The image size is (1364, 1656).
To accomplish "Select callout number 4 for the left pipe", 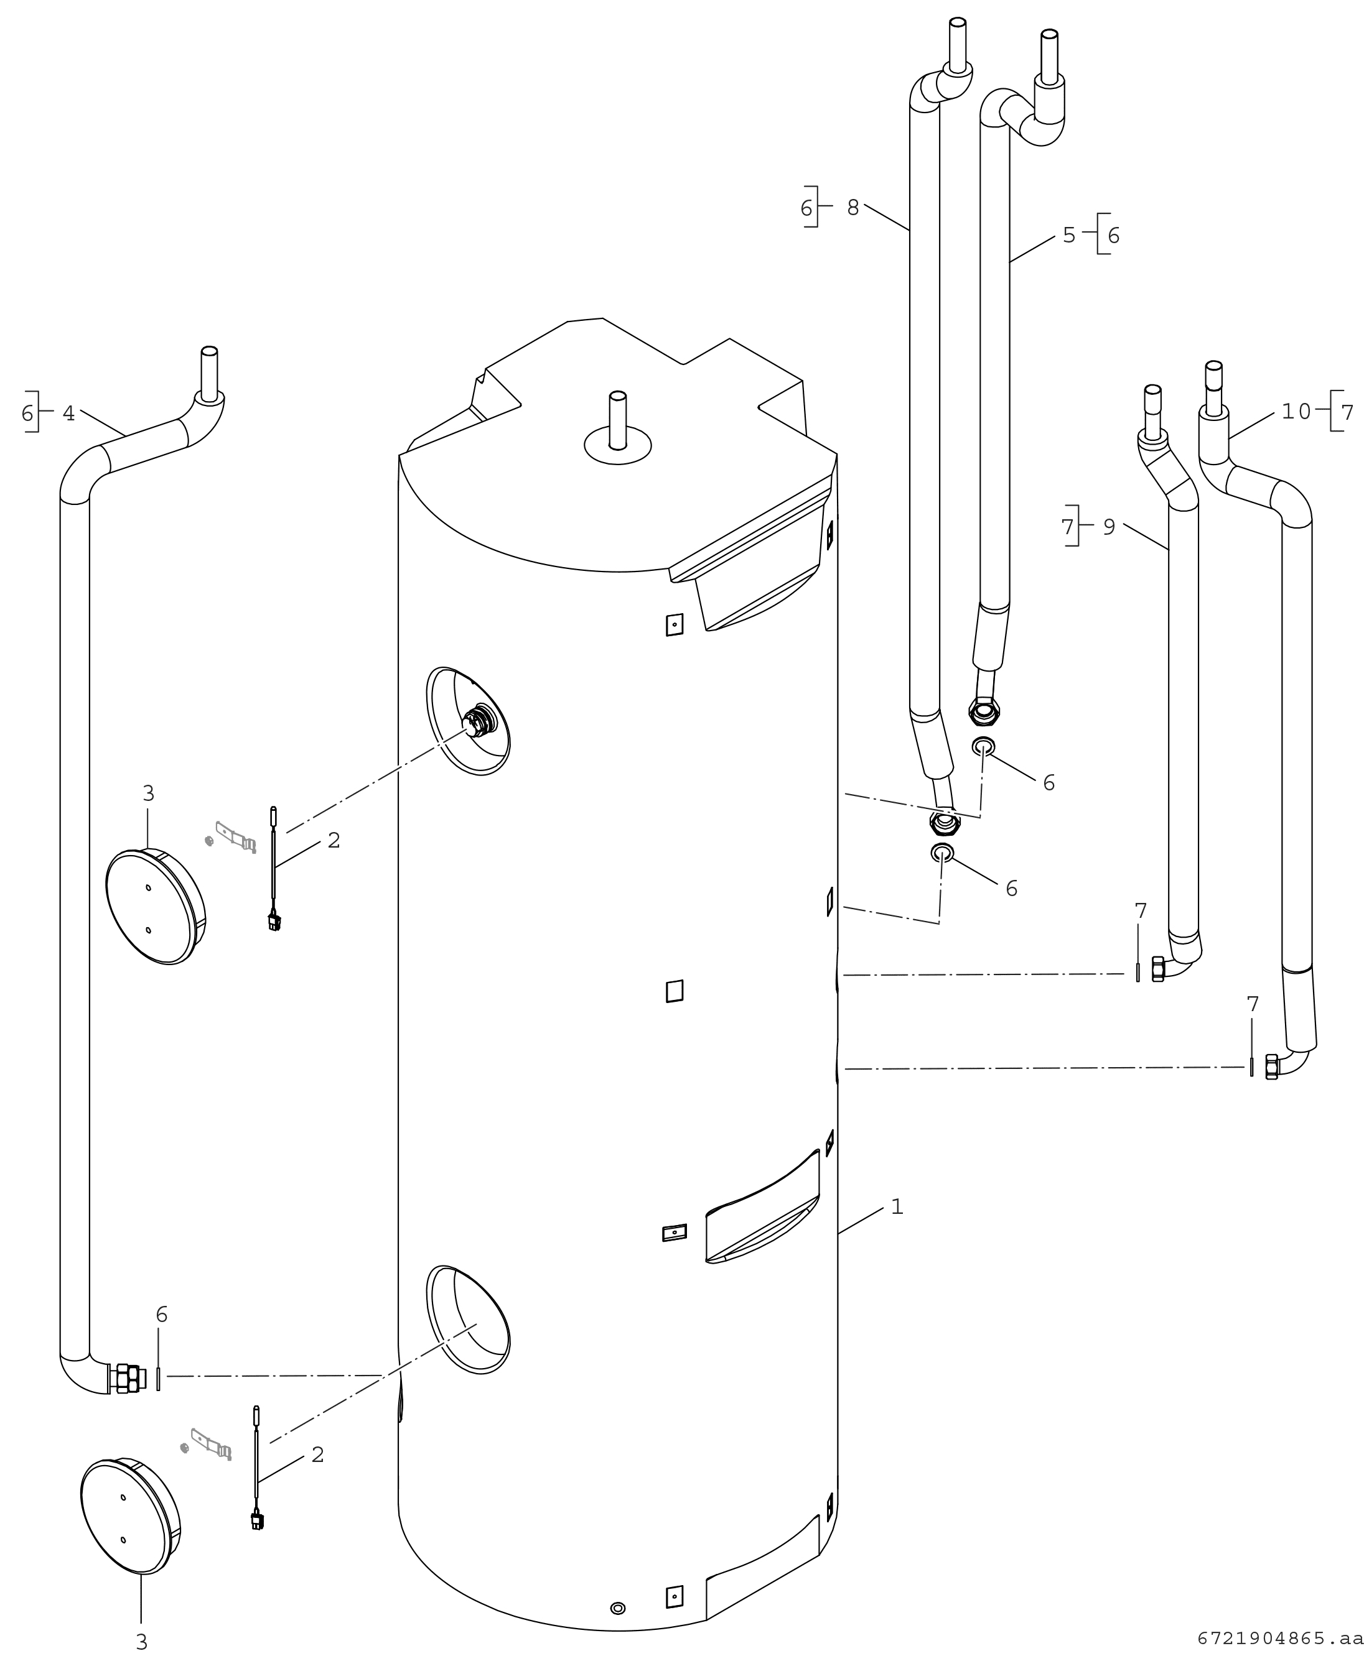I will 69,413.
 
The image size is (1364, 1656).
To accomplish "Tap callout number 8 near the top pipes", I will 853,208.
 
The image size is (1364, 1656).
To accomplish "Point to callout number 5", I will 1068,235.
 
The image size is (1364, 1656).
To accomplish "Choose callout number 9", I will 1109,527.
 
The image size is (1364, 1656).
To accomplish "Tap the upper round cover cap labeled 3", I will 155,906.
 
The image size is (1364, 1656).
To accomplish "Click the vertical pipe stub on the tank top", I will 617,420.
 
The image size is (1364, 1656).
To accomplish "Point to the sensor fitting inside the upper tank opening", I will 479,719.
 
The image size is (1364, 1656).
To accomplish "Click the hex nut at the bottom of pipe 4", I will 128,1379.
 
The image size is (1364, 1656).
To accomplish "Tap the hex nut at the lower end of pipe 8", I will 945,823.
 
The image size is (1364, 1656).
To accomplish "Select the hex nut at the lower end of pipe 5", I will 983,712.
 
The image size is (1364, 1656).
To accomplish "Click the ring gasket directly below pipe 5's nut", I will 983,746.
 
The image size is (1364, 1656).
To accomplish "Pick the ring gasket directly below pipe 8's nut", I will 942,853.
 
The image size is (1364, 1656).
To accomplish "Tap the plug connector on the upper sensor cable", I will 273,922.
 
